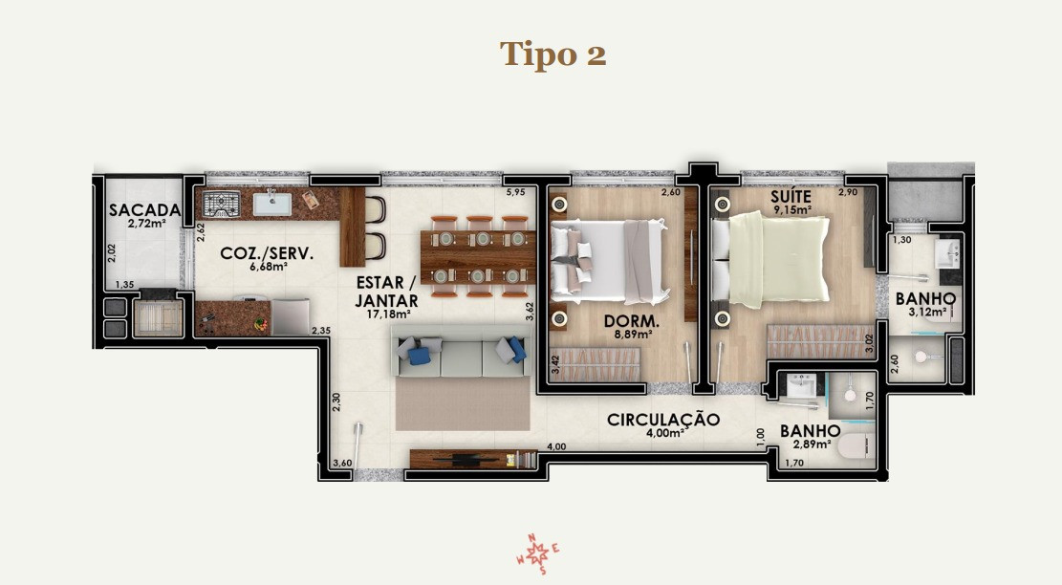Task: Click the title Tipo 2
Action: (x=553, y=54)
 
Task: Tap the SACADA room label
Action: (x=145, y=210)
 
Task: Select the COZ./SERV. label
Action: (x=267, y=254)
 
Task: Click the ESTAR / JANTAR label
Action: (x=387, y=292)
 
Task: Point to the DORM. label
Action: (x=632, y=321)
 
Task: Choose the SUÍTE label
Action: (x=791, y=197)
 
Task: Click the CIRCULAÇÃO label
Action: (x=663, y=420)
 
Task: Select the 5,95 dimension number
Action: (x=515, y=192)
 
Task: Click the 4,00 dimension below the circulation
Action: (x=556, y=447)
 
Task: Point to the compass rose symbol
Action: (x=538, y=554)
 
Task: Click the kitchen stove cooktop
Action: (x=222, y=204)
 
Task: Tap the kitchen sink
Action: (x=272, y=203)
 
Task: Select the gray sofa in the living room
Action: (x=462, y=351)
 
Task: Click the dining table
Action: (x=478, y=256)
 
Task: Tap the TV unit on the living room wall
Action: (x=473, y=459)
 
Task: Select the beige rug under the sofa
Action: (x=463, y=403)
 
